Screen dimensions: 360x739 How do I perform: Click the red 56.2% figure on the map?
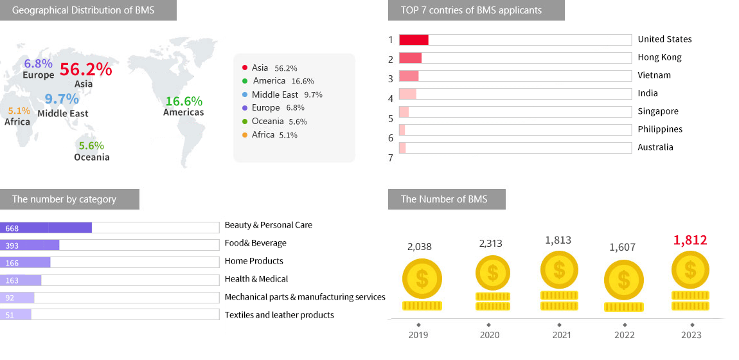point(85,69)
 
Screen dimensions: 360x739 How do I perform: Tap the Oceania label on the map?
point(91,157)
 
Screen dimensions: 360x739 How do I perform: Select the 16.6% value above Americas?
point(184,101)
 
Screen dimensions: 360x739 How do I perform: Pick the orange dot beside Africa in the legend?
point(245,135)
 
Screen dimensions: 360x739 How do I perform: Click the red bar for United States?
point(414,40)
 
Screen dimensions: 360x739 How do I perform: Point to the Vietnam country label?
point(654,75)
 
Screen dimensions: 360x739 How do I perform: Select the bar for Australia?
point(402,148)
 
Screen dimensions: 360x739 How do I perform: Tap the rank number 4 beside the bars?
point(391,99)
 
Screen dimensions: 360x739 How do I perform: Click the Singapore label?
point(658,111)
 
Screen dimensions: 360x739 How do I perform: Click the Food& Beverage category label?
point(255,243)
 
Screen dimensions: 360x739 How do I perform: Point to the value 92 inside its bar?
point(10,298)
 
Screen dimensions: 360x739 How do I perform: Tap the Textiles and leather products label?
point(279,315)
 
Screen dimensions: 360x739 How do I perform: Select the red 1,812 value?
point(690,240)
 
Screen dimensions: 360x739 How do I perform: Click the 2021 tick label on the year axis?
point(561,335)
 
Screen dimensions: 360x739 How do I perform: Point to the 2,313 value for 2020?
point(491,244)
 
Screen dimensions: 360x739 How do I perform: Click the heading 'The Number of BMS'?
point(444,199)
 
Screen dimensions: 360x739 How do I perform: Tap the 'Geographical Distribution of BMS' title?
point(83,10)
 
